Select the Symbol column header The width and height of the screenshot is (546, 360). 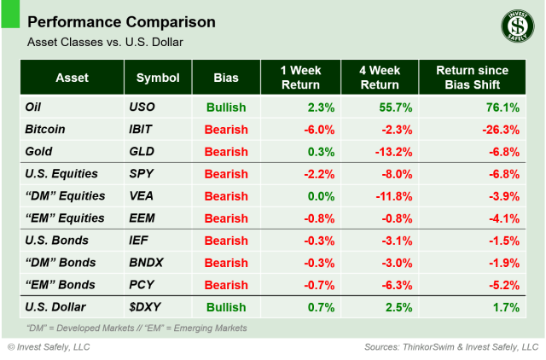(x=158, y=78)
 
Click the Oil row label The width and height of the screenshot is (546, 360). (x=36, y=107)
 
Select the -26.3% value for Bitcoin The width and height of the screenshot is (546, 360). (x=498, y=130)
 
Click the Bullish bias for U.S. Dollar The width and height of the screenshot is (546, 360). (x=226, y=306)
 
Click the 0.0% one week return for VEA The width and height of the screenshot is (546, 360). (x=316, y=196)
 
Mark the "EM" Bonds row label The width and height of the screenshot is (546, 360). (x=59, y=284)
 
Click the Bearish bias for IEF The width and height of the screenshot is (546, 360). (x=226, y=241)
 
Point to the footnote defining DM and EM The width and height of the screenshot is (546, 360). (x=136, y=328)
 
